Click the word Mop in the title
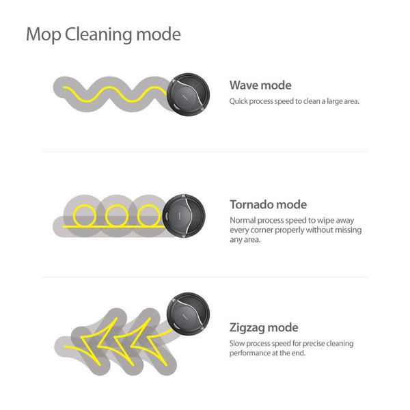click(x=43, y=35)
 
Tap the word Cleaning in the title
click(x=98, y=35)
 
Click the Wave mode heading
click(x=260, y=85)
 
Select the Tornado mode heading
click(x=269, y=204)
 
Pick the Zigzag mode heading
click(x=264, y=327)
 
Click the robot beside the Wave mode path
click(x=189, y=94)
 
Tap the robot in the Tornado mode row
click(x=184, y=216)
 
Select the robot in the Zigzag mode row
click(x=189, y=314)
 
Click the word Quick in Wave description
click(x=238, y=101)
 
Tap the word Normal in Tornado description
click(x=243, y=221)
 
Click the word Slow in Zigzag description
click(x=237, y=343)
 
